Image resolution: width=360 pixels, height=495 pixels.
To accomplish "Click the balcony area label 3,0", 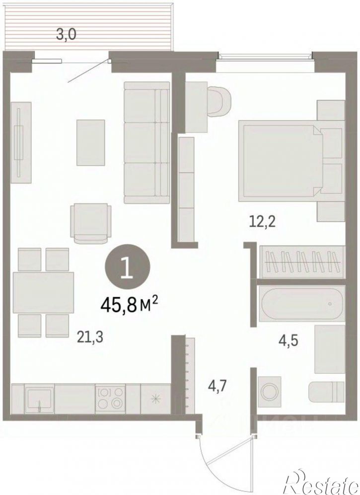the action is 66,34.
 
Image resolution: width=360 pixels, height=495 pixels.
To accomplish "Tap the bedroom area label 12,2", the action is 262,222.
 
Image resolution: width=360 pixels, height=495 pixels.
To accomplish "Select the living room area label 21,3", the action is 90,338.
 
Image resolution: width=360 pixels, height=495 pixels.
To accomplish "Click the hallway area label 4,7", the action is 217,386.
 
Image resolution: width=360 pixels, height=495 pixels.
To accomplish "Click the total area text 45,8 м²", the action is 129,305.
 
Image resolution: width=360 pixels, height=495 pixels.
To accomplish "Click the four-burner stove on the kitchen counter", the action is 110,399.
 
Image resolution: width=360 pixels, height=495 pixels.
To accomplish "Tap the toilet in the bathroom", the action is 326,392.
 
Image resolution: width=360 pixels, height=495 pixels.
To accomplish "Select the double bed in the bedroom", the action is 290,161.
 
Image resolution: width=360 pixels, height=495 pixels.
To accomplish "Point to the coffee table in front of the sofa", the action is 91,142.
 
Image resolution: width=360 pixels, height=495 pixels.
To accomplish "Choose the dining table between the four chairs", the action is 44,292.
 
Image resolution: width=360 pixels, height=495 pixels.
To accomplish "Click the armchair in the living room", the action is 91,223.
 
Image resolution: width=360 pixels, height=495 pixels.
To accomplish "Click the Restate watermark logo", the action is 322,482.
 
